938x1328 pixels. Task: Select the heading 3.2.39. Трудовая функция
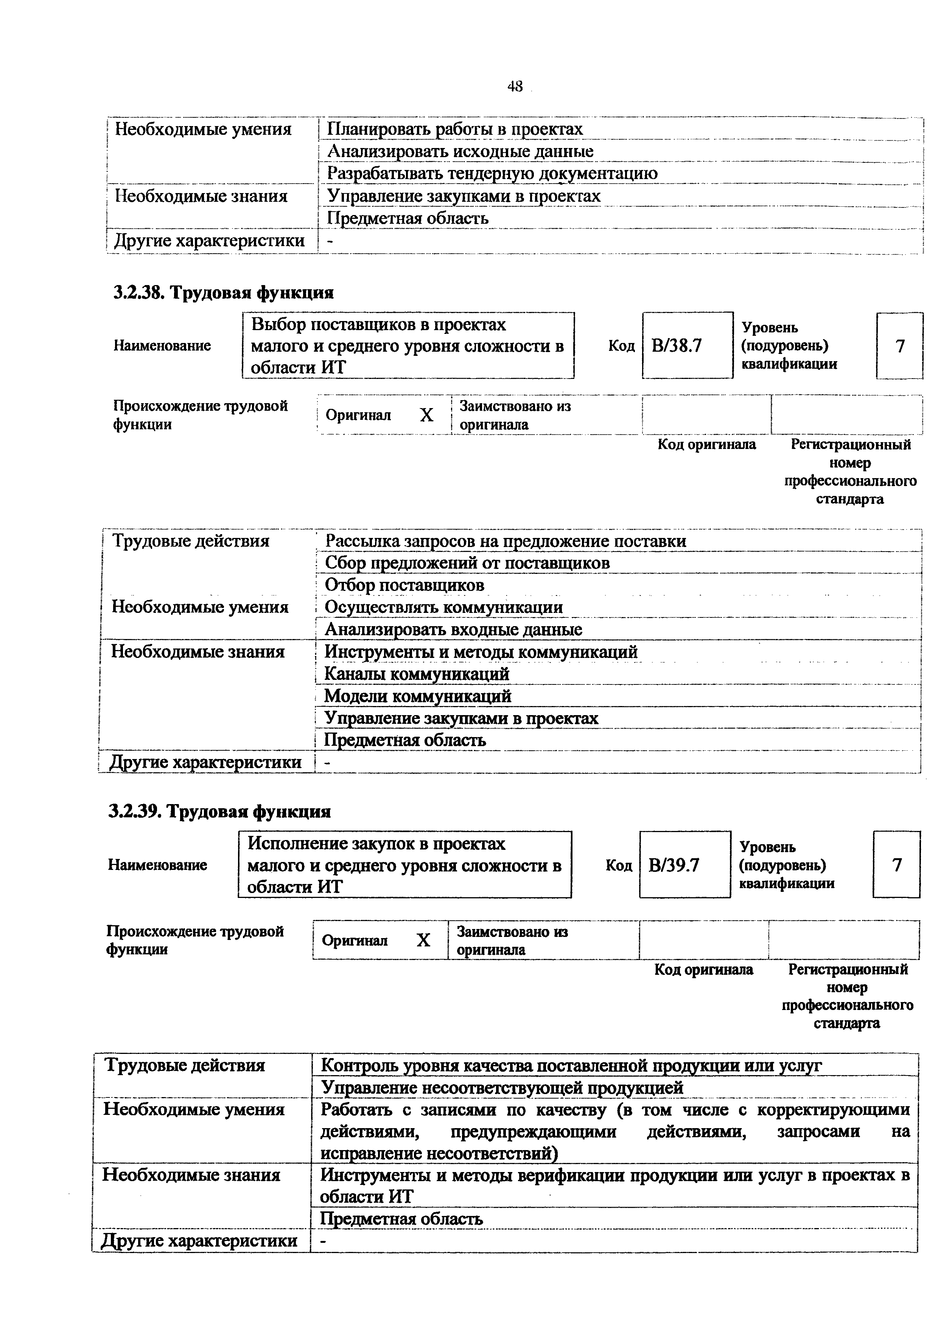pyautogui.click(x=219, y=812)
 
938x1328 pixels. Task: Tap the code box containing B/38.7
pyautogui.click(x=687, y=346)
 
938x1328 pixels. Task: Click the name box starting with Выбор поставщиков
pyautogui.click(x=408, y=346)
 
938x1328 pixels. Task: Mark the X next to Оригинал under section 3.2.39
pyautogui.click(x=424, y=940)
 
